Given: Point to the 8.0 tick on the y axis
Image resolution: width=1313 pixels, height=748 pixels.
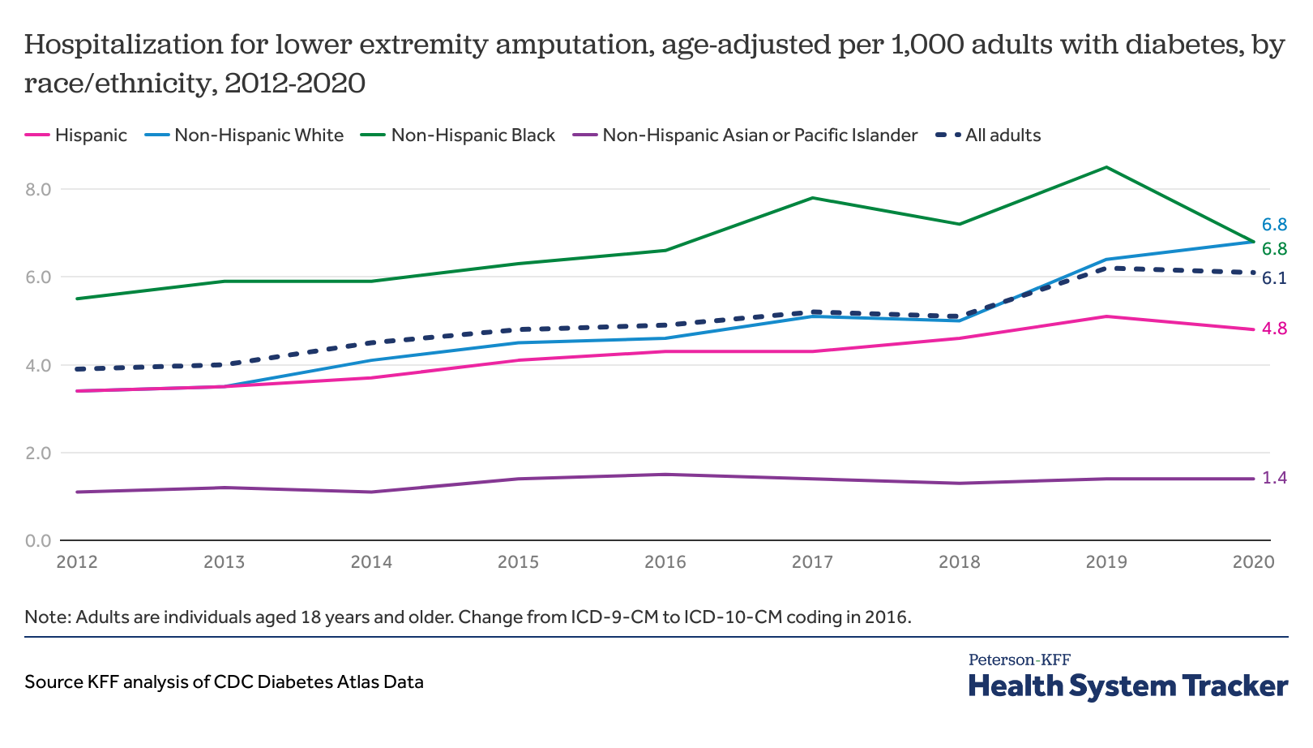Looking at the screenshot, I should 38,190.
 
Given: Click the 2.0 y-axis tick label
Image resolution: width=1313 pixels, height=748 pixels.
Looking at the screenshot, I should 38,453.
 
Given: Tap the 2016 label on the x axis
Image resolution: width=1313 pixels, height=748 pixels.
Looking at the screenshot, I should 665,562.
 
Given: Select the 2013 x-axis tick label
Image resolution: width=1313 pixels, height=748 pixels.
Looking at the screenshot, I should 225,562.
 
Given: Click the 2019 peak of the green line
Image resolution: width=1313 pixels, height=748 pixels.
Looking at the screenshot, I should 1106,167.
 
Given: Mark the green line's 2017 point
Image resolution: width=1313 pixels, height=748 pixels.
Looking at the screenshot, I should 812,198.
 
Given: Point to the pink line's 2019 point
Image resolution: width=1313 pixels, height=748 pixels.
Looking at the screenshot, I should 1106,316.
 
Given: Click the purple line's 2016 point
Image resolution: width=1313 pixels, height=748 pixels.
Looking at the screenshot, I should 665,475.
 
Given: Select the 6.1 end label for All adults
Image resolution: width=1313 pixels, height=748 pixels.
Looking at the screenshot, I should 1274,279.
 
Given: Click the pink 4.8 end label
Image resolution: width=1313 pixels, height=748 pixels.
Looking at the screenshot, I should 1274,329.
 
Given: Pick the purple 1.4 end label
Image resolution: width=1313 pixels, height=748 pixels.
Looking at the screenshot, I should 1274,479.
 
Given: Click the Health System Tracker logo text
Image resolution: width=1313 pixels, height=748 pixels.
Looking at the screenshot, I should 1127,686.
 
